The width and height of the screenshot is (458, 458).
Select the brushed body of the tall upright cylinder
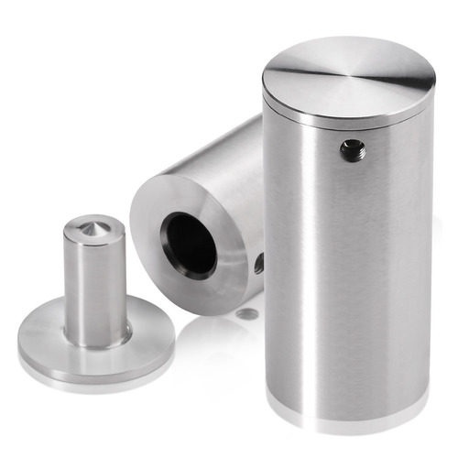tap(348, 275)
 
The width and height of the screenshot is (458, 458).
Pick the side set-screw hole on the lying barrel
tap(259, 264)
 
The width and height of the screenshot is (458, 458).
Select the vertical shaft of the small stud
tap(95, 284)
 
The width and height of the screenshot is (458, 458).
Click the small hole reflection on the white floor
tap(245, 314)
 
